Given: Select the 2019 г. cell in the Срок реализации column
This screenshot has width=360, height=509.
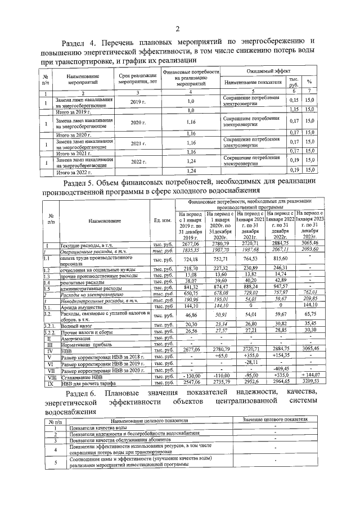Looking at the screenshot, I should [x=138, y=102].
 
